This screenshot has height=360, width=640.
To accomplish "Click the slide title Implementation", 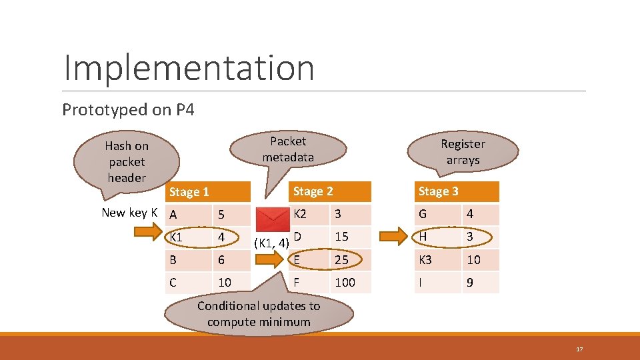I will tap(189, 67).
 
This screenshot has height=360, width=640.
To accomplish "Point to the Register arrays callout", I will tap(463, 152).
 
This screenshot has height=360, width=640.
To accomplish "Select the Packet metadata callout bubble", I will tap(288, 149).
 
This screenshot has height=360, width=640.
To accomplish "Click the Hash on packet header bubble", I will tap(127, 162).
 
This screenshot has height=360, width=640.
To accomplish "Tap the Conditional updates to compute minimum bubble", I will tap(259, 313).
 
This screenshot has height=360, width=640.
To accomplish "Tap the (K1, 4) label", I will tap(271, 243).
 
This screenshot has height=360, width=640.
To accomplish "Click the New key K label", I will tap(129, 213).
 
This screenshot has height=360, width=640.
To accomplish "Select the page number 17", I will tap(579, 349).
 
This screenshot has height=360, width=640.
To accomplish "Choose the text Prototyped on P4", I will tap(128, 109).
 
